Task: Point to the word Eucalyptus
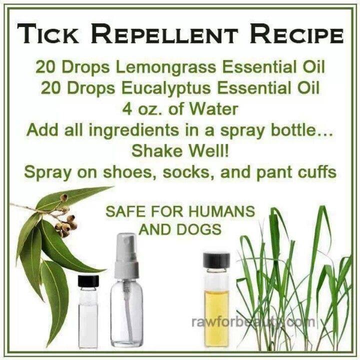(166, 88)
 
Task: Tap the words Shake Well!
(180, 151)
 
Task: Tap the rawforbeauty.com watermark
(253, 322)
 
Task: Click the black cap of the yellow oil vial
(216, 260)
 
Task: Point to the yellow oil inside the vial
(216, 317)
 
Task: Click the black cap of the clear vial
(88, 280)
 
